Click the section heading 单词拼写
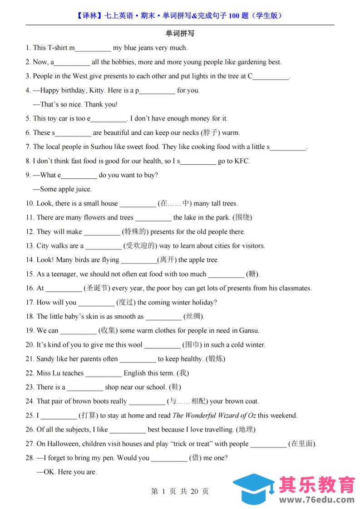coord(180,34)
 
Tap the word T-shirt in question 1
coord(58,48)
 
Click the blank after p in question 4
coord(157,91)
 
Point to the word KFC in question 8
coord(242,161)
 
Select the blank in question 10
coord(138,204)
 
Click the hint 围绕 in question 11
coord(242,217)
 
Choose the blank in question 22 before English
coord(104,373)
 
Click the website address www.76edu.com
coord(316,500)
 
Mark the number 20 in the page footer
coord(194,491)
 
